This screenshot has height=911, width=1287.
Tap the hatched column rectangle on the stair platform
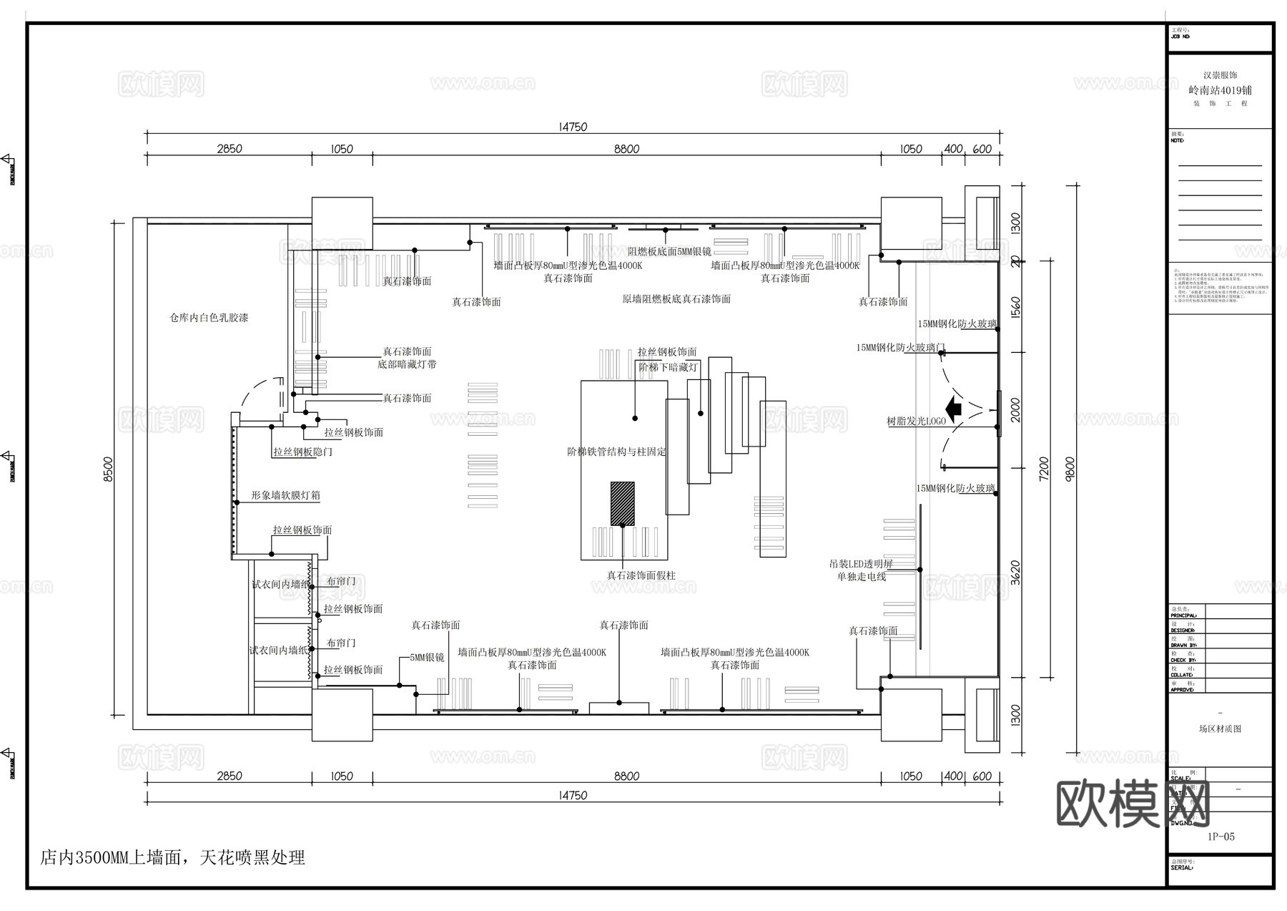(x=622, y=503)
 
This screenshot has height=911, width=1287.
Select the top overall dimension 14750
(x=573, y=127)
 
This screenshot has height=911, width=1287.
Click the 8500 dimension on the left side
(x=109, y=469)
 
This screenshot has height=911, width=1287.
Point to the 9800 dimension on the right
(x=1070, y=469)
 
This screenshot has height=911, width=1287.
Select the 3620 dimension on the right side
(x=1016, y=573)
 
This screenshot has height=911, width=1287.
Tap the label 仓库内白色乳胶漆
(x=209, y=318)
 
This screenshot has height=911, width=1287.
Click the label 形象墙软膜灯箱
(x=285, y=495)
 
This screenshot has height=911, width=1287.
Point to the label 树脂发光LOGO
(x=916, y=422)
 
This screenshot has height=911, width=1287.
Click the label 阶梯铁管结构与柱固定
(x=616, y=452)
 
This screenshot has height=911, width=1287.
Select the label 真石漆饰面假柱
(x=641, y=575)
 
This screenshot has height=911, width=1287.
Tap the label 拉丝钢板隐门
(x=302, y=452)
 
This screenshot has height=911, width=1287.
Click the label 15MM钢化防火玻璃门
(x=900, y=348)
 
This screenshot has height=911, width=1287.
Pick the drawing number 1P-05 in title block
(x=1221, y=837)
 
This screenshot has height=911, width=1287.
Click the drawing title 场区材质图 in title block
(x=1220, y=729)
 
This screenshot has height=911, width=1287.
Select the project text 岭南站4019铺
(x=1220, y=91)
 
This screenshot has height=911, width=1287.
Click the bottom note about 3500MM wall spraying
(x=173, y=857)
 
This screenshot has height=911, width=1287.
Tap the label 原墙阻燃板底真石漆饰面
(x=676, y=299)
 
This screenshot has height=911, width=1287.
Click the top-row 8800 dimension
(x=626, y=149)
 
